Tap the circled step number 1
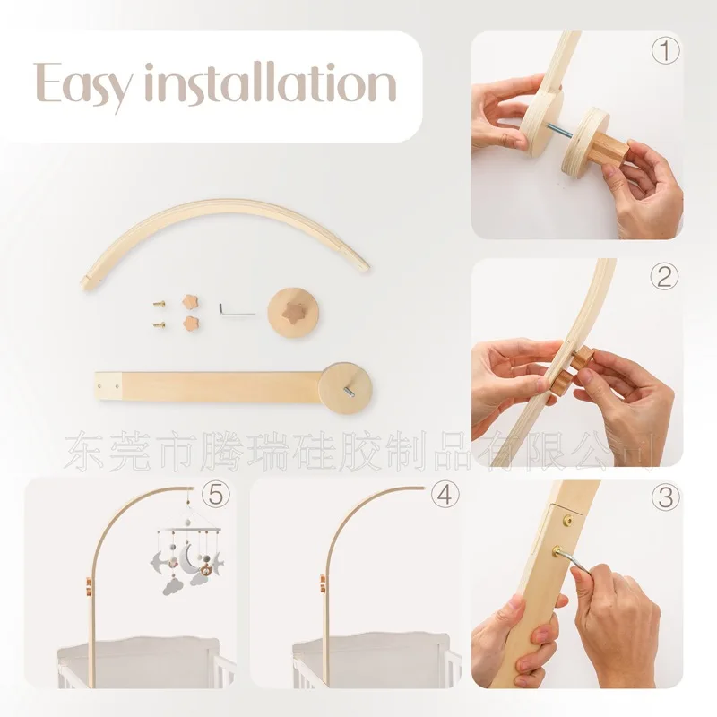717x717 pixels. click(665, 50)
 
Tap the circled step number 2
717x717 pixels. click(664, 277)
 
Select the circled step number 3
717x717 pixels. click(666, 497)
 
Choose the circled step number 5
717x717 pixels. click(216, 495)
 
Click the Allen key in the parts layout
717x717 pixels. click(236, 309)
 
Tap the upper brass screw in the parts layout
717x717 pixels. click(160, 302)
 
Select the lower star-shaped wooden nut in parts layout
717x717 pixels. click(192, 324)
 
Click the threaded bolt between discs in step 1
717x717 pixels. click(558, 131)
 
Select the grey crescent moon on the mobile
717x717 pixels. click(186, 558)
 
